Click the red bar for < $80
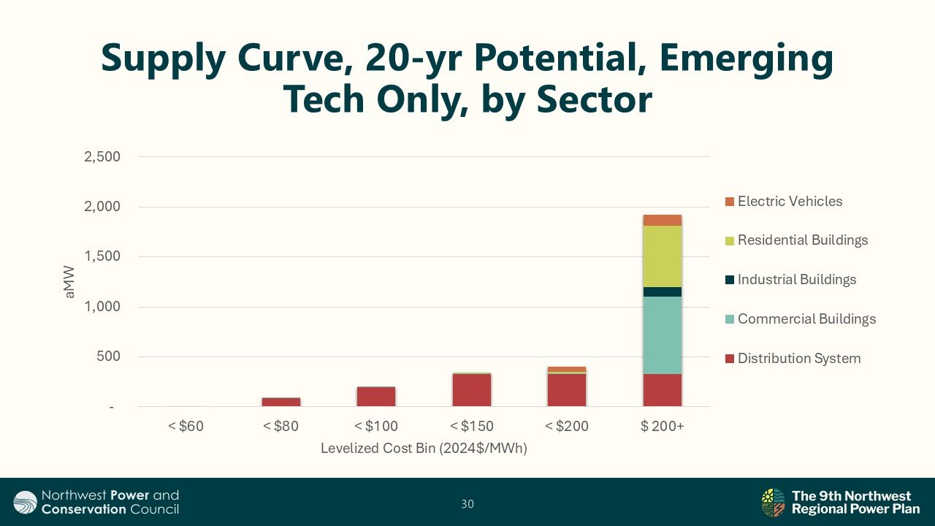click(x=281, y=402)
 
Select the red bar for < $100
click(x=376, y=397)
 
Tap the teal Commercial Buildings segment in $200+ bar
click(x=663, y=335)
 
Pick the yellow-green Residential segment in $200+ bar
click(x=663, y=256)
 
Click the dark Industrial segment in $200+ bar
click(x=663, y=291)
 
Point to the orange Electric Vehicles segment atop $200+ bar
click(x=663, y=221)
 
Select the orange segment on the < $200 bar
click(x=567, y=369)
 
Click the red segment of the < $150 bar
click(x=472, y=390)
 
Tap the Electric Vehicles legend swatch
click(x=730, y=202)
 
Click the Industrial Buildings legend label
click(x=797, y=279)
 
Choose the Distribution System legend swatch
click(x=730, y=359)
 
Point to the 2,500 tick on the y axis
click(x=102, y=157)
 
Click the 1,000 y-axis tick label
click(x=102, y=307)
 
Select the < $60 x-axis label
click(x=186, y=426)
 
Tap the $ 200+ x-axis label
click(x=663, y=426)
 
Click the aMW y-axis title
click(x=69, y=282)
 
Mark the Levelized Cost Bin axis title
click(x=424, y=449)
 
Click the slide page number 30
click(x=467, y=504)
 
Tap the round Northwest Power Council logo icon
click(x=25, y=502)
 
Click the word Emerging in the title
click(x=747, y=59)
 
